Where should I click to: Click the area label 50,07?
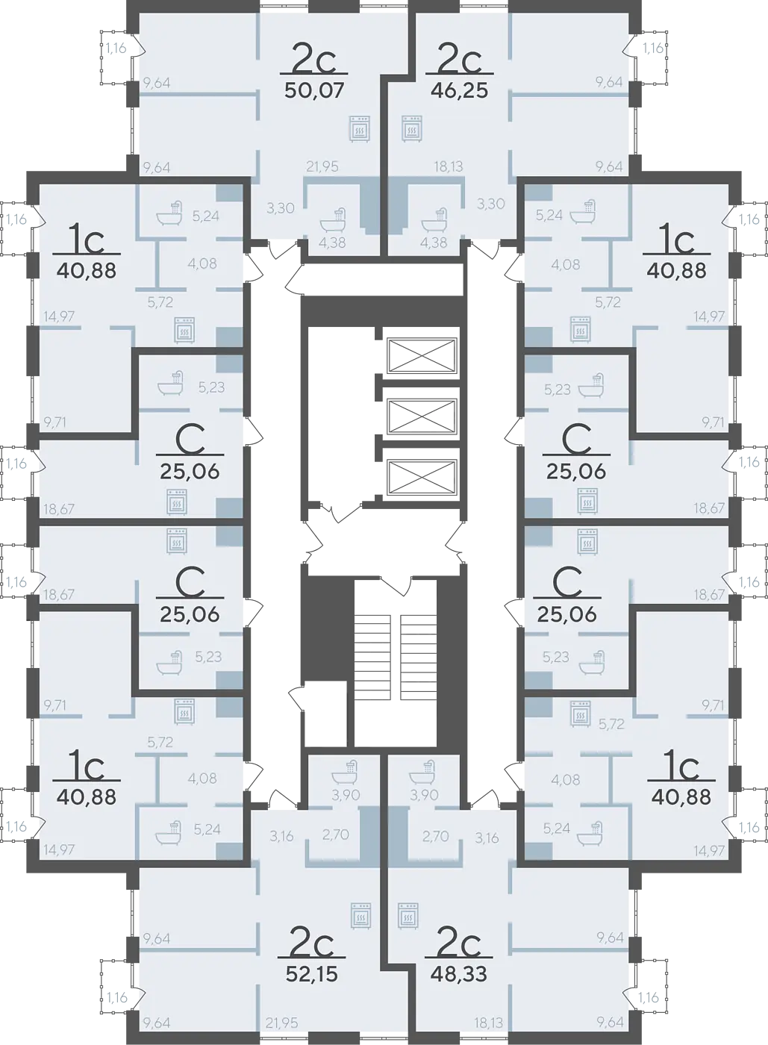coord(314,90)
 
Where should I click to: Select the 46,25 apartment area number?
coord(459,90)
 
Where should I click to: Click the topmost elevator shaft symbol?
coord(422,355)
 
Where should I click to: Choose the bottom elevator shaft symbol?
coord(422,476)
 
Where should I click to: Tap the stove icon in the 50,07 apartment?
coord(360,128)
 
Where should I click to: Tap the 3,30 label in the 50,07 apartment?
coord(281,208)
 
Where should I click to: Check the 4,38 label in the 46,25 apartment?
coord(434,243)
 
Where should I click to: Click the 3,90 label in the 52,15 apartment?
coord(346,794)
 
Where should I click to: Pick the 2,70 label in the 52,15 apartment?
coord(335,835)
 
